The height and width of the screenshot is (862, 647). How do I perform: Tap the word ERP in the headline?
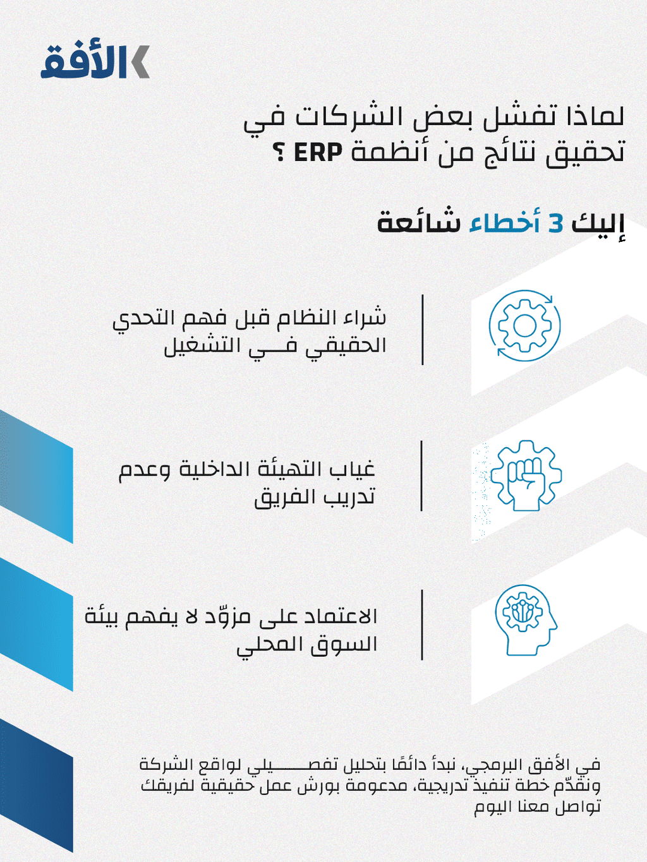(317, 152)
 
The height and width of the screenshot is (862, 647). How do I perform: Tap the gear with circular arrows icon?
(524, 326)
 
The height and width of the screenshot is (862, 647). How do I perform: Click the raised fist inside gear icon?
(526, 476)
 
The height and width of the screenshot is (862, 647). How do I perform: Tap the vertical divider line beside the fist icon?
(422, 476)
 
